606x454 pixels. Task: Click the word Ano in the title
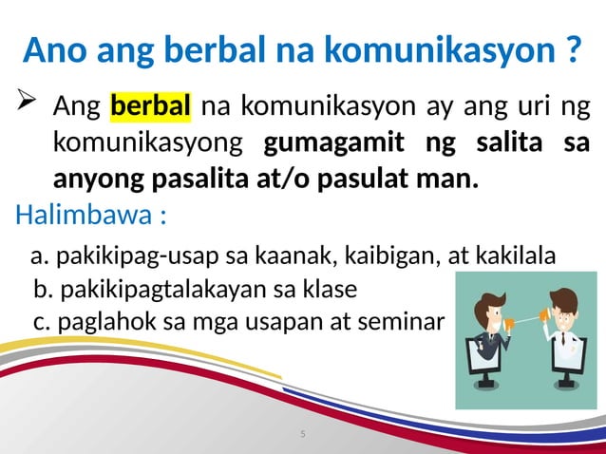pyautogui.click(x=55, y=50)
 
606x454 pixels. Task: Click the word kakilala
pyautogui.click(x=512, y=256)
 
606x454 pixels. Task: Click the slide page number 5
pyautogui.click(x=302, y=434)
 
